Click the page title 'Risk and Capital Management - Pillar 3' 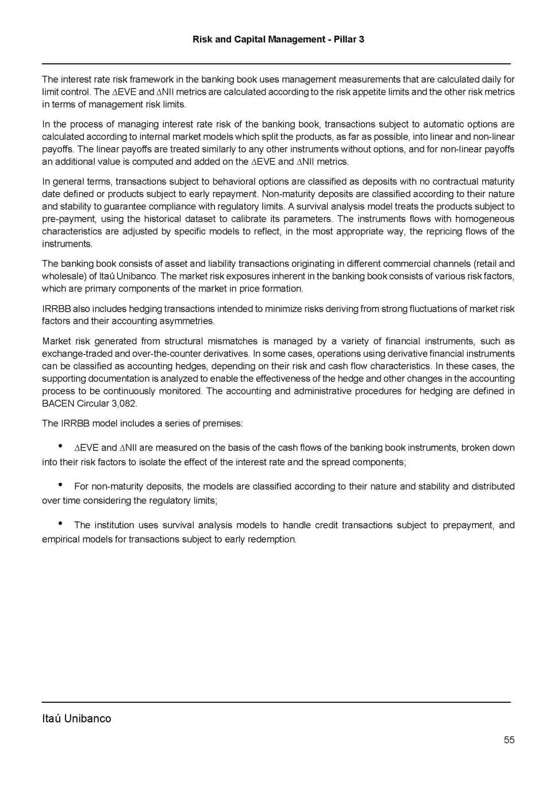[x=278, y=39]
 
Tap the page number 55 [x=509, y=740]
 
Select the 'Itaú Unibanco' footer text [x=76, y=718]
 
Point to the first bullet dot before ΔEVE [x=60, y=446]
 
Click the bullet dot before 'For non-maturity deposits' [x=60, y=485]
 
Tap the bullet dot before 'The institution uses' [x=60, y=524]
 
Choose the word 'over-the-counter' [x=167, y=353]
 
